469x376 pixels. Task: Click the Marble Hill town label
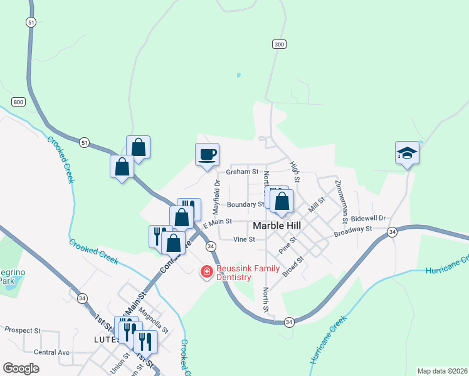pyautogui.click(x=278, y=226)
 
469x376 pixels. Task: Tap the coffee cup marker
pyautogui.click(x=208, y=154)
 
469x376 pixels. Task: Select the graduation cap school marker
pyautogui.click(x=407, y=153)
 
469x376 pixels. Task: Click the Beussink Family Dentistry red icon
pyautogui.click(x=206, y=271)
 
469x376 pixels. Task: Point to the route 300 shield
pyautogui.click(x=279, y=44)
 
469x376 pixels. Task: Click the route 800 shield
pyautogui.click(x=18, y=102)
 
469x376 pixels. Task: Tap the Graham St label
pyautogui.click(x=243, y=171)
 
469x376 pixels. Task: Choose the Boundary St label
pyautogui.click(x=246, y=204)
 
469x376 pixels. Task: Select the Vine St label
pyautogui.click(x=244, y=239)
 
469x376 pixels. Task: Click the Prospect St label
pyautogui.click(x=23, y=330)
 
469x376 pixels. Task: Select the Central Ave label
pyautogui.click(x=52, y=352)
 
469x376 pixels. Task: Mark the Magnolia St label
pyautogui.click(x=154, y=318)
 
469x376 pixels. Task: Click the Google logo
pyautogui.click(x=21, y=368)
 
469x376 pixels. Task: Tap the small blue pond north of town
pyautogui.click(x=238, y=75)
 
